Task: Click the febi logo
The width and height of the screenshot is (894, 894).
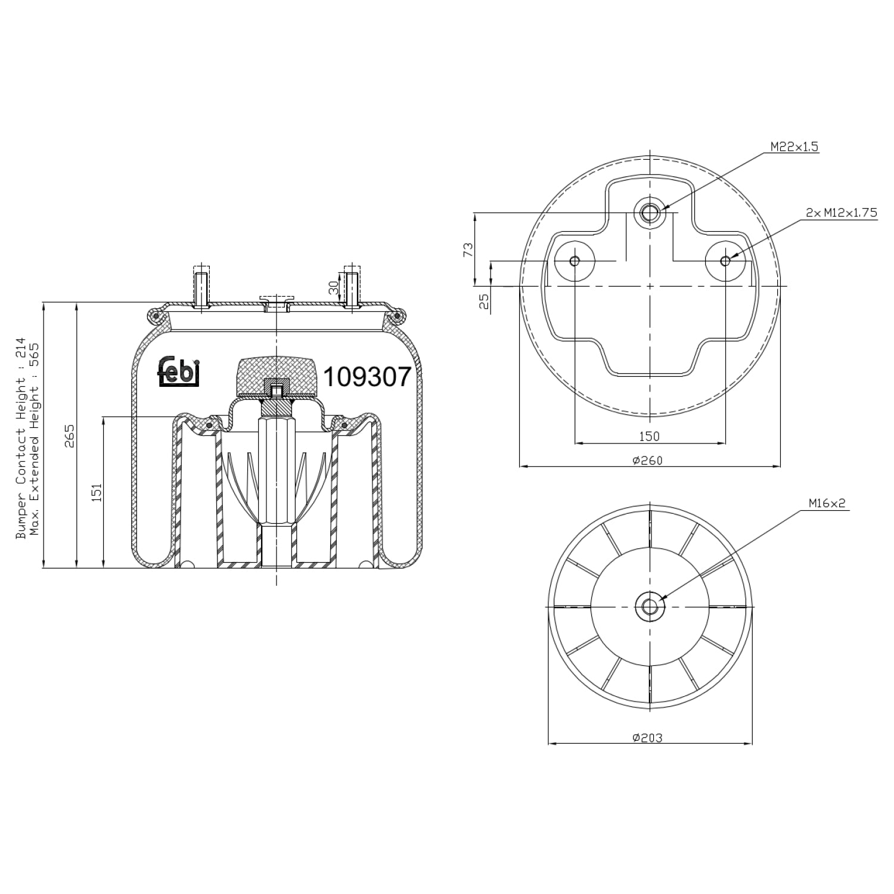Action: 179,371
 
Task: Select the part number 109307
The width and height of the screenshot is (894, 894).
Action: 367,377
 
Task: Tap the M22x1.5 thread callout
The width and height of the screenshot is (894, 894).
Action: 794,147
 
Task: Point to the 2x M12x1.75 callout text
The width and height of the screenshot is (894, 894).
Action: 842,212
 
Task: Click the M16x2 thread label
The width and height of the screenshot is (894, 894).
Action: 827,503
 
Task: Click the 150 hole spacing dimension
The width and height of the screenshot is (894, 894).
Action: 649,436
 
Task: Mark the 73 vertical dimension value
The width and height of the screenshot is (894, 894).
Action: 468,250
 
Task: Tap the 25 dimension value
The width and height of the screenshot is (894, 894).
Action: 485,302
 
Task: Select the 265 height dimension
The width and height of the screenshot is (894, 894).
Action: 70,436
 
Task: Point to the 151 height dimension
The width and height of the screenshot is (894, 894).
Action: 97,492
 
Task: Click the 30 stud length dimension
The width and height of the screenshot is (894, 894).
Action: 334,289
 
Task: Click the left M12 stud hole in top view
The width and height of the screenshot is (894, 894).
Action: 575,260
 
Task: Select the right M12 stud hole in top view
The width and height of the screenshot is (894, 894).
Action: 725,260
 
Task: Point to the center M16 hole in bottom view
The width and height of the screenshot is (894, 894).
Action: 649,607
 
